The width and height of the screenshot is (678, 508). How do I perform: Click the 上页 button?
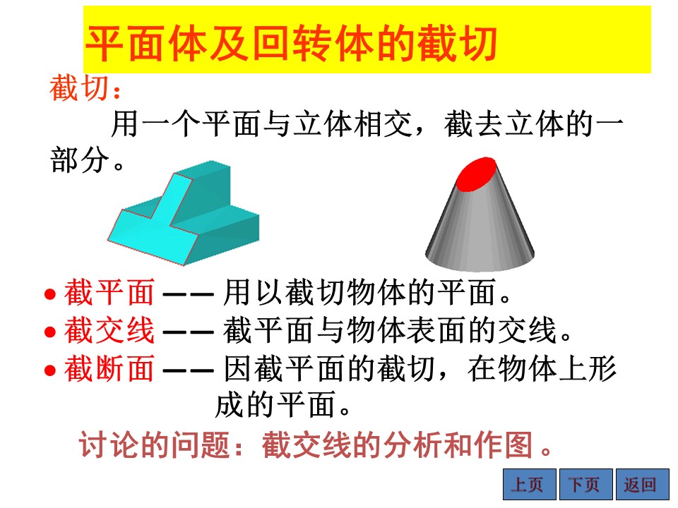(530, 484)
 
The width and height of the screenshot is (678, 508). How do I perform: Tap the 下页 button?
(586, 484)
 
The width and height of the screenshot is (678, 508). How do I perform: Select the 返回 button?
(643, 484)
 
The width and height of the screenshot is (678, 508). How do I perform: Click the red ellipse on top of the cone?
(476, 174)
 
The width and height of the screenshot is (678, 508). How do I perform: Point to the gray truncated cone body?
(480, 229)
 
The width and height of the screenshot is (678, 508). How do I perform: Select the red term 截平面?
(109, 292)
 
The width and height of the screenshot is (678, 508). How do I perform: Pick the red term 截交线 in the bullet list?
(109, 330)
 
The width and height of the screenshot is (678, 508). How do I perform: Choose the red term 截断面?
(109, 368)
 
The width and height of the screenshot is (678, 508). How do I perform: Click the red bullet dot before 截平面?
(50, 294)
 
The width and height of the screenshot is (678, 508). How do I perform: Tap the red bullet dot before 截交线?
(50, 332)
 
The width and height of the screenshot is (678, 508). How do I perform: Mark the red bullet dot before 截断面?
(50, 370)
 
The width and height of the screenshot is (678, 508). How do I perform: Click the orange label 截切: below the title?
(85, 88)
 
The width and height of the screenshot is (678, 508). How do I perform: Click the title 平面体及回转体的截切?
(291, 44)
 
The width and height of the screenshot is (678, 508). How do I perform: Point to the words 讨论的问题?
(154, 445)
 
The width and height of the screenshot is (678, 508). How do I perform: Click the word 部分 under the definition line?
(80, 160)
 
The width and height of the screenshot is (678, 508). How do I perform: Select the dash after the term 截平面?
(189, 295)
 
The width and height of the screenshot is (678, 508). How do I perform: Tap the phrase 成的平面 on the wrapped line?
(275, 405)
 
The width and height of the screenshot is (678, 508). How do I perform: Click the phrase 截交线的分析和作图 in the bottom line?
(397, 445)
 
